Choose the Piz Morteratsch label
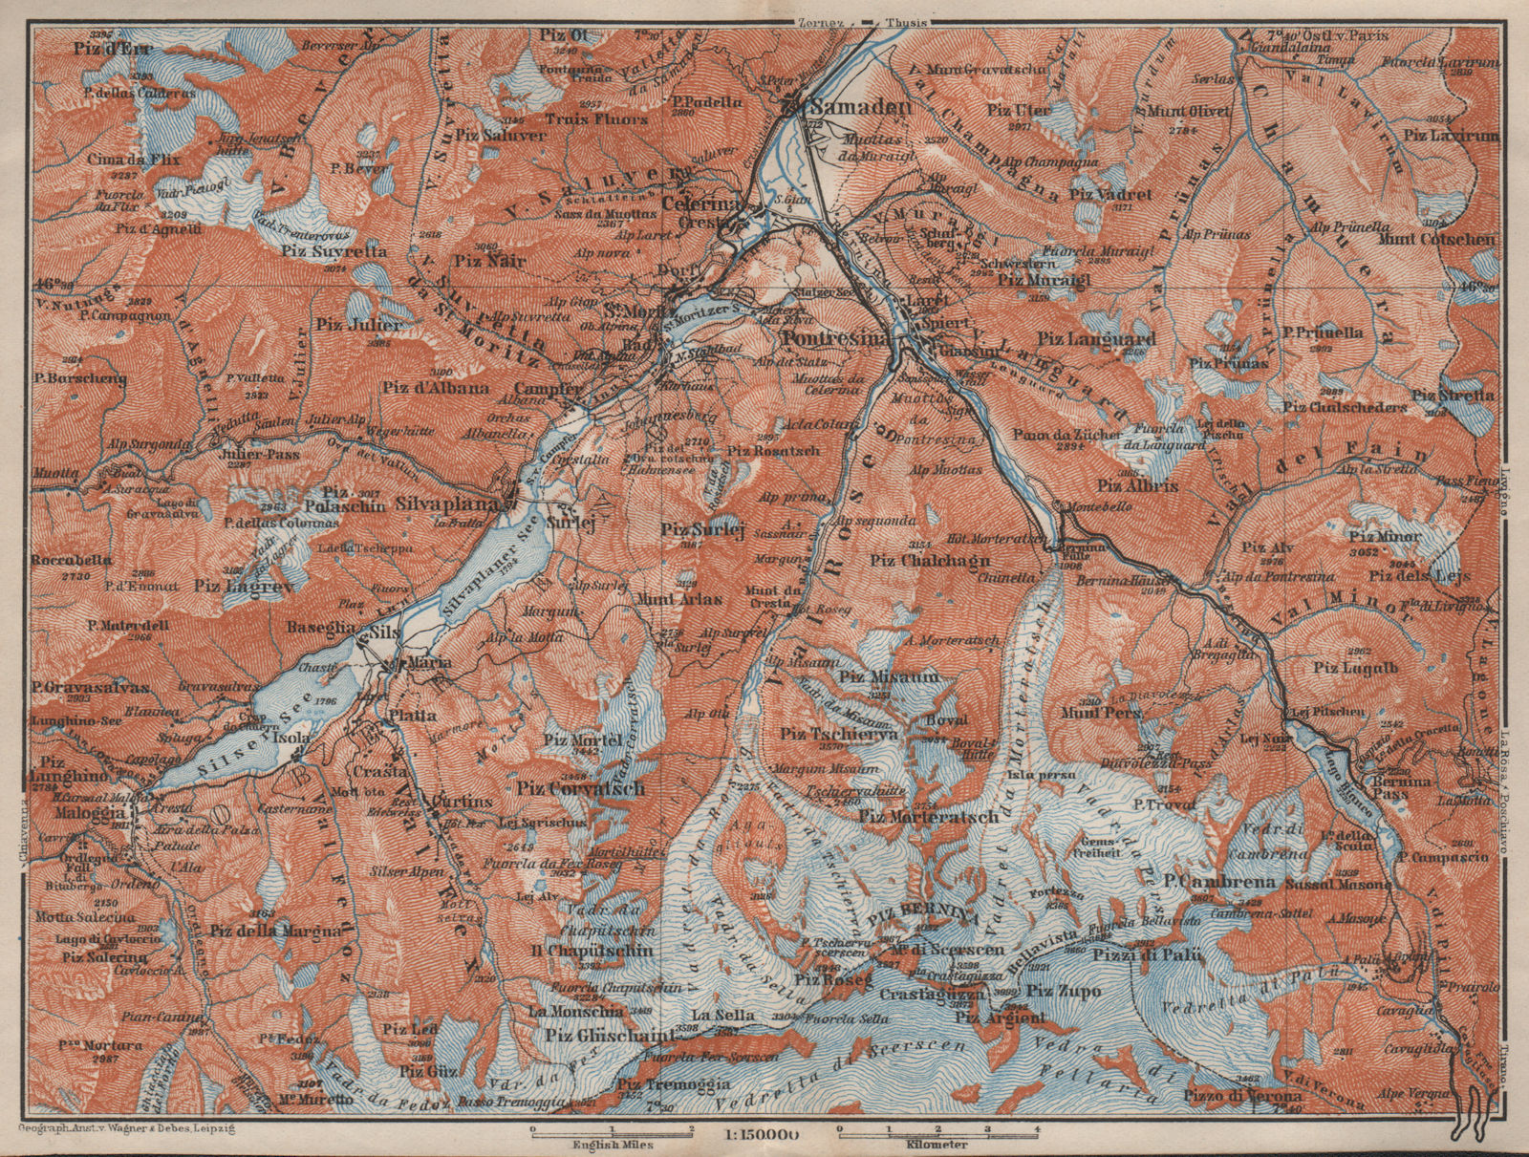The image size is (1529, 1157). tap(929, 817)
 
